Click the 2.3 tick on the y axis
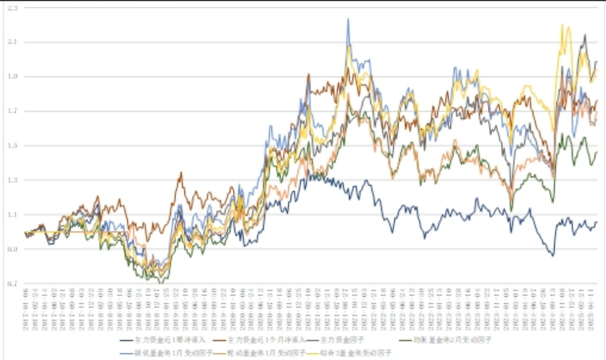(x=11, y=8)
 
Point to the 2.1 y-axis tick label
(x=11, y=42)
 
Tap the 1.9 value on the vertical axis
(x=11, y=77)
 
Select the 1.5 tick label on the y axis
(x=11, y=146)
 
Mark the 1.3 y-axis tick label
(x=11, y=180)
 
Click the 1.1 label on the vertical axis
(x=11, y=215)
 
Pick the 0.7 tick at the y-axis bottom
(x=11, y=283)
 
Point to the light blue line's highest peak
(x=349, y=19)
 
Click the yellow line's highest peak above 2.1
(x=562, y=25)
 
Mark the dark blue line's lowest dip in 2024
(x=552, y=256)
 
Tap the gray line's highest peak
(x=584, y=35)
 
